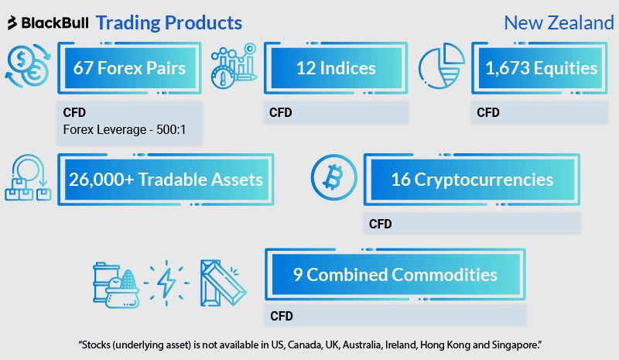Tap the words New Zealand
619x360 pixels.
click(x=559, y=22)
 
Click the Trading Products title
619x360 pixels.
click(x=169, y=22)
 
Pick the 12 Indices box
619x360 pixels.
click(x=336, y=69)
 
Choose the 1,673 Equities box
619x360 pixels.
click(x=541, y=69)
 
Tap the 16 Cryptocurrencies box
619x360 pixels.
click(x=472, y=180)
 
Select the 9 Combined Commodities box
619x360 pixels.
click(x=395, y=274)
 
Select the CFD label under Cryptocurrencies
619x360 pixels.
click(x=381, y=225)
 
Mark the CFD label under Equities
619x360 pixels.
click(x=488, y=113)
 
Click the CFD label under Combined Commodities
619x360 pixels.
click(x=282, y=316)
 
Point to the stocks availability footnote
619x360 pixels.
click(x=309, y=343)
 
